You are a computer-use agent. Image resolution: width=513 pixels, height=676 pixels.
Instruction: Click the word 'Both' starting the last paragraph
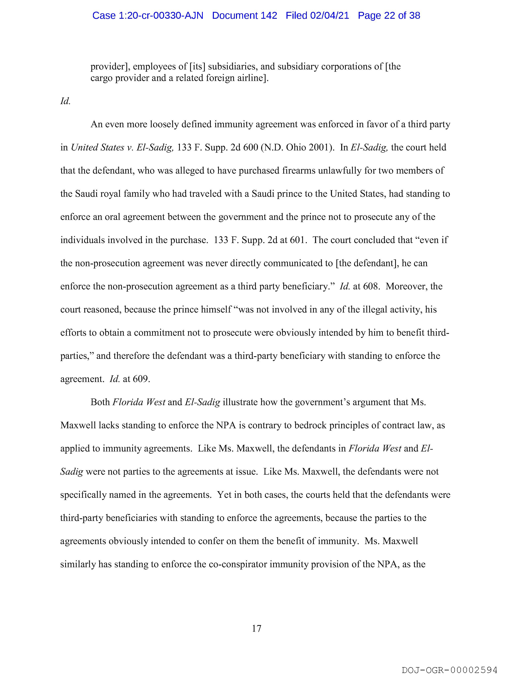pos(100,402)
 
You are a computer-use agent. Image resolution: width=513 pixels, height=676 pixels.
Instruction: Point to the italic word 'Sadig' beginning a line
pos(72,472)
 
